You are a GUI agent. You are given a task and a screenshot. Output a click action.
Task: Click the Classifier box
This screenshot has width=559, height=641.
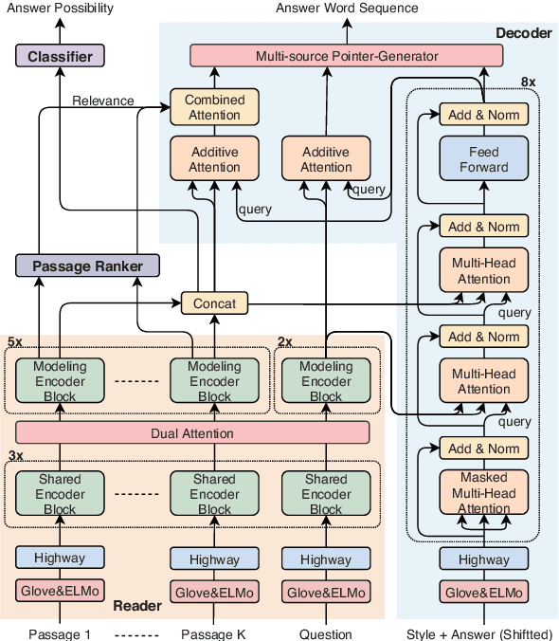(61, 56)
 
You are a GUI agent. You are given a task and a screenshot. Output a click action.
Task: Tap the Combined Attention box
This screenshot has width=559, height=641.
(214, 107)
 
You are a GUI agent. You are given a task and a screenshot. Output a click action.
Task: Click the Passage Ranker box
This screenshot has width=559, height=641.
(86, 266)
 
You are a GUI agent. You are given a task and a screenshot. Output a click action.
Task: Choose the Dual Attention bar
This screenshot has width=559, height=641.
(192, 433)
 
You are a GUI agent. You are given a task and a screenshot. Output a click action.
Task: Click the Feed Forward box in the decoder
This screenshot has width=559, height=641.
(484, 159)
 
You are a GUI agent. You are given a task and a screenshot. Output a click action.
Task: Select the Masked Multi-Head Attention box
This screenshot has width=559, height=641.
(484, 493)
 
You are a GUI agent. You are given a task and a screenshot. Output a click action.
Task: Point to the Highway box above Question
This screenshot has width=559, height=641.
(325, 559)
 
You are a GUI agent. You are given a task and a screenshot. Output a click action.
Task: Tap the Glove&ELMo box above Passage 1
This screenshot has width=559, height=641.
(61, 592)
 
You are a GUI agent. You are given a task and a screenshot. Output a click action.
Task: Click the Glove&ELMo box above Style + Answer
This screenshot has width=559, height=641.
(484, 592)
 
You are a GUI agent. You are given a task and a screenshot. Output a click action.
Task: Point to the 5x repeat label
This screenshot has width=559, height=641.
(16, 340)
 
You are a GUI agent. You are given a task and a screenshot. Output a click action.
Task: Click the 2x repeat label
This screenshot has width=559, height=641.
(285, 340)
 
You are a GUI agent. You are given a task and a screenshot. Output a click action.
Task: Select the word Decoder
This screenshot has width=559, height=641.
(524, 34)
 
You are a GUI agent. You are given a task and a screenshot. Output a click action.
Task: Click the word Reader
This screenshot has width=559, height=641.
(138, 606)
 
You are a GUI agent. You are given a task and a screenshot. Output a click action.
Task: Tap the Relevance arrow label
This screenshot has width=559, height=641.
(103, 101)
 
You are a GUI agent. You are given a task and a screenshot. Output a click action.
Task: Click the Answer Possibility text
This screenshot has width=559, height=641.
(60, 9)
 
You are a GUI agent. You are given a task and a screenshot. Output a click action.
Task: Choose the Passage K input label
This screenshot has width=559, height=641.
(213, 634)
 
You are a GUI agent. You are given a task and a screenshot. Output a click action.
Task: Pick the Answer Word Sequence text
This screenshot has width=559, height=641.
(347, 9)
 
